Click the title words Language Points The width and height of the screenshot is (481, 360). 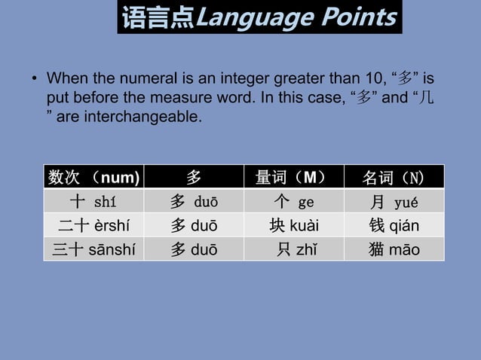(296, 17)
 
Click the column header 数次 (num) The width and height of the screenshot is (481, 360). (93, 178)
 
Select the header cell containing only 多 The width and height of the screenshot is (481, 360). (194, 178)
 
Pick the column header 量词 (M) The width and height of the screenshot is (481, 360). (293, 178)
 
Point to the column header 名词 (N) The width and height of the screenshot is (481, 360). (393, 178)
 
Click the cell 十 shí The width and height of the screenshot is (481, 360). (93, 202)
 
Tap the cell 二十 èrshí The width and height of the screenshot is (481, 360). (93, 226)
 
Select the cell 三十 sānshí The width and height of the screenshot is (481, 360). (93, 249)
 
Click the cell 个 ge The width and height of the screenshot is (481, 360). (293, 202)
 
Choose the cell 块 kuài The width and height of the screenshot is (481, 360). (293, 226)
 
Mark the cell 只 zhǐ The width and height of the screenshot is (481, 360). (293, 249)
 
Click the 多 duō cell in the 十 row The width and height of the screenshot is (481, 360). (194, 202)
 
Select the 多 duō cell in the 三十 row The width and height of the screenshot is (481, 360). (194, 249)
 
